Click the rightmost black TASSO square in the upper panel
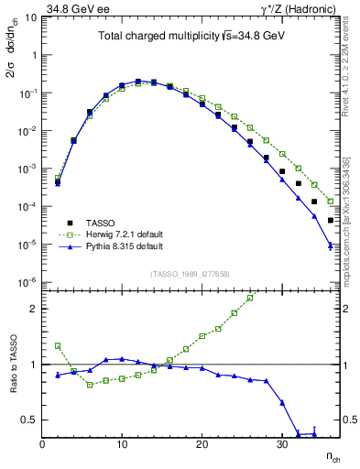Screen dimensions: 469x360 [331, 220]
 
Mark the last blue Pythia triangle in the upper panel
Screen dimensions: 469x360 [331, 245]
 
